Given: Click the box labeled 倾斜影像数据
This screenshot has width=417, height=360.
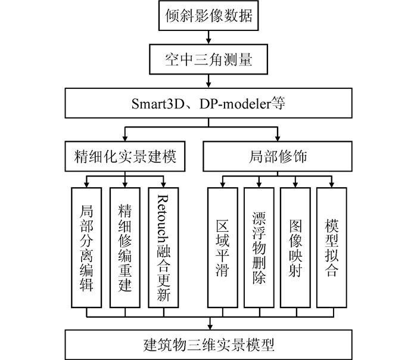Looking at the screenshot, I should [208, 16].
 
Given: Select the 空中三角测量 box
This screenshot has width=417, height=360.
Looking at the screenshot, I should [208, 60].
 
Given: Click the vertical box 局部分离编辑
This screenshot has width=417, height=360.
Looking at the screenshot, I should [87, 247].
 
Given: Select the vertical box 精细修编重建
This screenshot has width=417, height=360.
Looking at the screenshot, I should [125, 247].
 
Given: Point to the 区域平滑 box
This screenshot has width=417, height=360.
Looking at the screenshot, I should [223, 247].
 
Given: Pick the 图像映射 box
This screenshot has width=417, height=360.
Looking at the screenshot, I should [296, 247].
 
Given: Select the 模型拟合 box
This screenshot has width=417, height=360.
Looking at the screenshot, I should [332, 247].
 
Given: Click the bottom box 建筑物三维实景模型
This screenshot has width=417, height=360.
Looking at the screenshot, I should [208, 344].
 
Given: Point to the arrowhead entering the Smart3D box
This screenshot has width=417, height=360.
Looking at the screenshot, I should [208, 86].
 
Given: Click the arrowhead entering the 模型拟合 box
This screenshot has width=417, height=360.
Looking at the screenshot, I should [332, 184].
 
